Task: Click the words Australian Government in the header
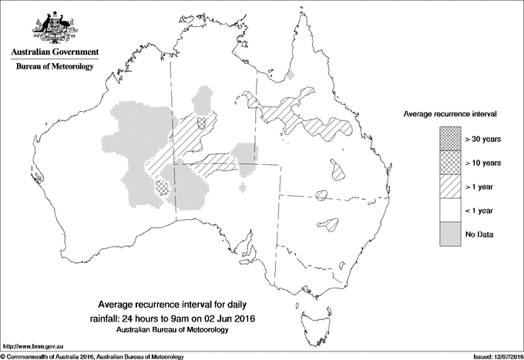point(54,52)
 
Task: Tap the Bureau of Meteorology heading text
point(54,67)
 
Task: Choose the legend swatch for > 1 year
point(450,186)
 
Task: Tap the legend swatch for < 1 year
point(450,210)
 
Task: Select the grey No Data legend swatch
point(450,233)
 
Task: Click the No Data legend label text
point(480,234)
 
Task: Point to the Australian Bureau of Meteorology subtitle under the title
point(176,330)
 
